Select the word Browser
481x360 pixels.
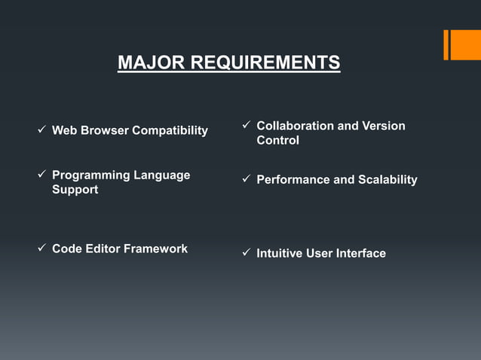105,131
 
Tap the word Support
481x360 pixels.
75,190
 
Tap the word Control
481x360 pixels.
277,141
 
